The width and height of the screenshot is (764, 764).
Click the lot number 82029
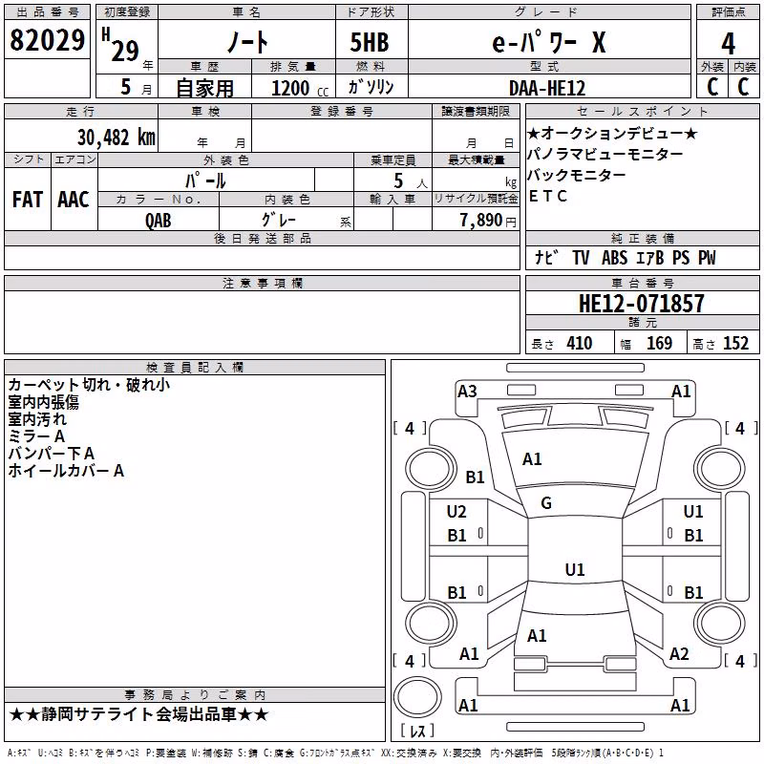pos(47,40)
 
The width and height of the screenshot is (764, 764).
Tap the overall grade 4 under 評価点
pos(728,44)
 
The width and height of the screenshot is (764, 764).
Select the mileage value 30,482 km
pos(117,138)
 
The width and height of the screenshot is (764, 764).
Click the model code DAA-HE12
pos(546,88)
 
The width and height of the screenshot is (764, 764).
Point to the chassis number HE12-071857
pos(641,304)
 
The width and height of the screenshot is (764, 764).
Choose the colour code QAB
pos(158,221)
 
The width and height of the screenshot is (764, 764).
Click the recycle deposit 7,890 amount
pos(481,220)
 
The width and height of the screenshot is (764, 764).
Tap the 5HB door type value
pos(370,42)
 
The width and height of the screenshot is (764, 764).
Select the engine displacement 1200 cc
pos(300,88)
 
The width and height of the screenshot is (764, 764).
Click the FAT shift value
pos(28,200)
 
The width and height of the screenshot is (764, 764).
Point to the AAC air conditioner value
pos(74,200)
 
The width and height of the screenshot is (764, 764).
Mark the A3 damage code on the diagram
pos(467,392)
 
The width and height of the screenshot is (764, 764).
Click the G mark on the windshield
pos(546,503)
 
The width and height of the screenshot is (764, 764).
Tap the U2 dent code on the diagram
pos(456,512)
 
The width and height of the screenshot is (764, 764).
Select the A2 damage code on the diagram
pos(679,654)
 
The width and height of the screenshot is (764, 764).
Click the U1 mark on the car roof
pos(575,569)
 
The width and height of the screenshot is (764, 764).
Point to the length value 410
pos(580,343)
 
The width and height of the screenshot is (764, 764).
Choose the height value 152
pos(735,343)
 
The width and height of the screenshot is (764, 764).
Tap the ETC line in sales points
pos(548,196)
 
